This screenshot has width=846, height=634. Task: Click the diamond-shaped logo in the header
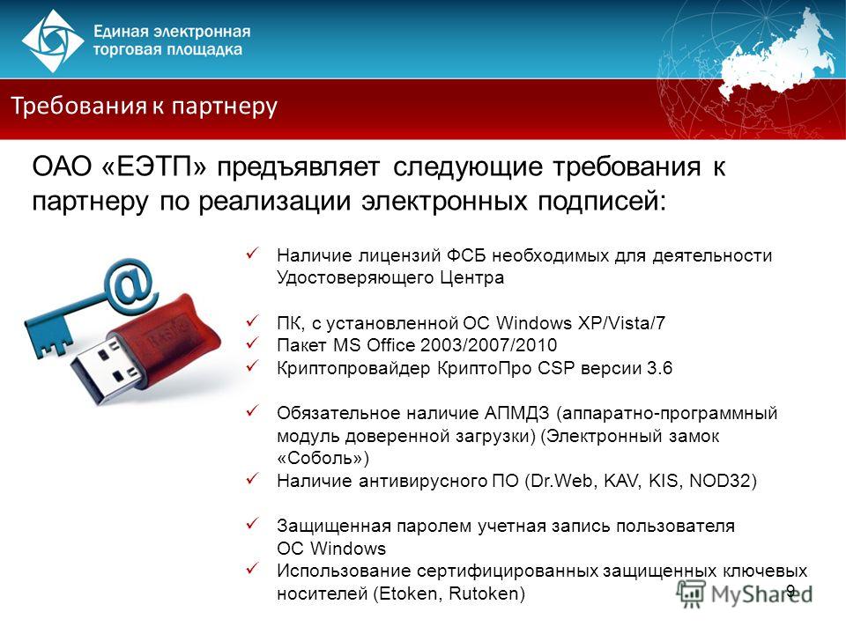coord(52,41)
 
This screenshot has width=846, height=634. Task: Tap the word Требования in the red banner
coord(78,105)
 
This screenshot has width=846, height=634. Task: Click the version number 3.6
coord(659,368)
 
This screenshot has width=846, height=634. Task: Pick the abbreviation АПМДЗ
coord(516,414)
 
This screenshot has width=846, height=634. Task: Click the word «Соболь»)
coord(323,458)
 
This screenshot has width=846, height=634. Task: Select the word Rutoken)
coord(486,593)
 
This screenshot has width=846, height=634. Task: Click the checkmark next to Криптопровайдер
coord(253,365)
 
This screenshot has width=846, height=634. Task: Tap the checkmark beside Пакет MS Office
coord(253,343)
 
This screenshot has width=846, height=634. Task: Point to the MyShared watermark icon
coord(691,593)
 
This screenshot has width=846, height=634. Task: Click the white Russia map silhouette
coord(777,59)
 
